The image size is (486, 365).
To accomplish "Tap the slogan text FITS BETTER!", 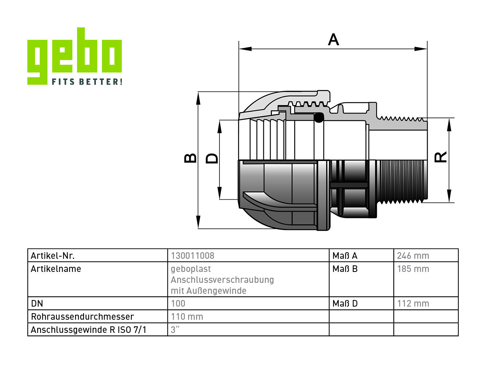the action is [x=87, y=81].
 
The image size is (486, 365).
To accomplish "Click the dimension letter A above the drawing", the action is [x=333, y=39].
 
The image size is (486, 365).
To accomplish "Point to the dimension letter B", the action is [x=190, y=158].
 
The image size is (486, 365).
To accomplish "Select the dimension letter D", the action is [x=212, y=158].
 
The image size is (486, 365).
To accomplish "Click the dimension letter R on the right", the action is [x=440, y=157].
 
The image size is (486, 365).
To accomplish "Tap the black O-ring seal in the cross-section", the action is [x=319, y=118].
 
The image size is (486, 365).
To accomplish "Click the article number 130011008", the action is [x=193, y=255].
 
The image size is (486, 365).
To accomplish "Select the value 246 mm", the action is [x=413, y=255].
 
